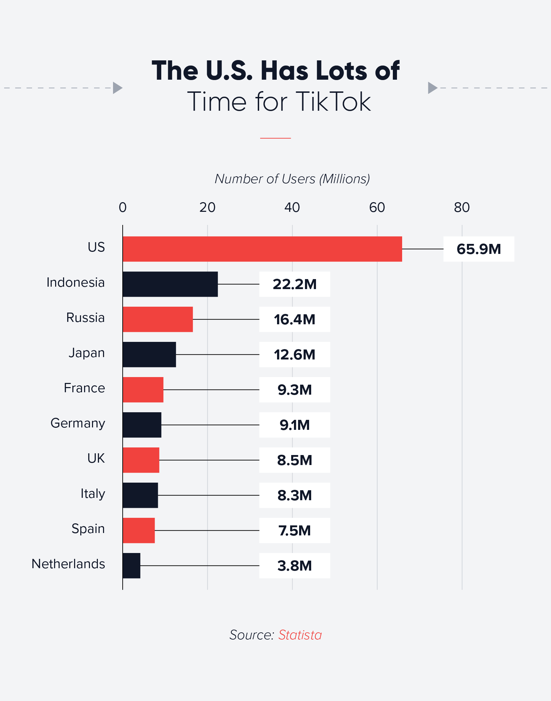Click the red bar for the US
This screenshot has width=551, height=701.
click(262, 249)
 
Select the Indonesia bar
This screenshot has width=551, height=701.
click(170, 284)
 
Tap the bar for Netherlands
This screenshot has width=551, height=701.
click(131, 565)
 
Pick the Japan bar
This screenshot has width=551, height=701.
click(149, 354)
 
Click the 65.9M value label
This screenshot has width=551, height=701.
click(479, 249)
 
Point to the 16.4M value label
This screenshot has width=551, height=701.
click(295, 319)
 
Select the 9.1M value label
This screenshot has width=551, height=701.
click(295, 425)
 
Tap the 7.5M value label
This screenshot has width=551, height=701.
click(295, 531)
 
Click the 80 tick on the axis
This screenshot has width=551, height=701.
click(462, 207)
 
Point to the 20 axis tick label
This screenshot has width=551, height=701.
click(207, 207)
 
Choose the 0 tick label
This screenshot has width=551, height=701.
click(123, 207)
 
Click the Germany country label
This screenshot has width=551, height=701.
click(78, 423)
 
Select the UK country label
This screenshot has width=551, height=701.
click(96, 458)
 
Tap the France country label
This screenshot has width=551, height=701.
click(84, 388)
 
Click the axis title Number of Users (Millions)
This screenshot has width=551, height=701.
click(292, 179)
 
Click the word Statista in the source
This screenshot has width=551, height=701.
click(300, 635)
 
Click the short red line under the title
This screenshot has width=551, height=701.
click(275, 138)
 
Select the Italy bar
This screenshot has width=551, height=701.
click(140, 495)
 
